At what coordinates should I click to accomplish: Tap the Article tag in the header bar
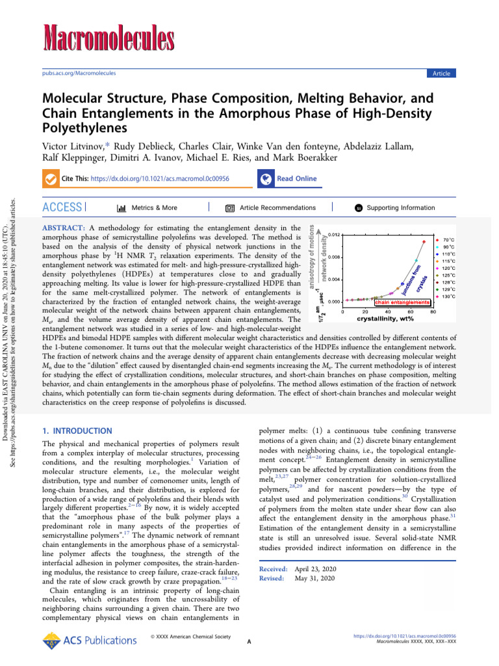[441, 73]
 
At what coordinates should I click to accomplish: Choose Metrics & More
[147, 208]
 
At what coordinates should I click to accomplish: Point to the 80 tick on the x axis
[433, 312]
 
